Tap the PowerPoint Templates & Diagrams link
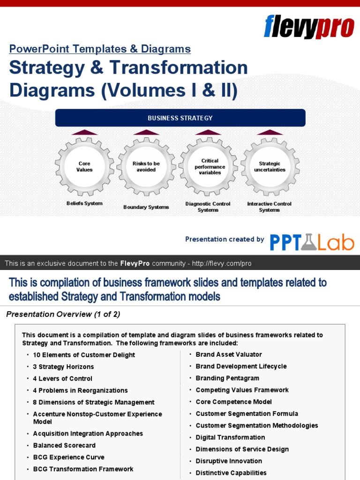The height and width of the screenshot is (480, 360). click(100, 49)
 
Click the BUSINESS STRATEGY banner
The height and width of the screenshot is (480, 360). click(180, 118)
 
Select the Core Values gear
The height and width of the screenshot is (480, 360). click(84, 166)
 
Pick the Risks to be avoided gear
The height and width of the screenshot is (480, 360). click(146, 166)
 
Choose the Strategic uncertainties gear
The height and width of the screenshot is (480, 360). click(270, 166)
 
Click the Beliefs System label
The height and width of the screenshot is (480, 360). click(84, 204)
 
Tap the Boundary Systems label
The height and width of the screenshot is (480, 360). click(146, 207)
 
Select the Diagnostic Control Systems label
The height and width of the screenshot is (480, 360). click(208, 207)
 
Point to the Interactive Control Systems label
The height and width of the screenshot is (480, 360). click(270, 207)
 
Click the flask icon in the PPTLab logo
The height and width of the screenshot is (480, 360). click(308, 242)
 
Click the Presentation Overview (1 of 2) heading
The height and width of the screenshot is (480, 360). click(63, 315)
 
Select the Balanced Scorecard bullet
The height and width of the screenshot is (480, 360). click(64, 445)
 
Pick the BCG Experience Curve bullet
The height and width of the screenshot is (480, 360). click(68, 457)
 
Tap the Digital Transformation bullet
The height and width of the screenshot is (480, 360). click(230, 437)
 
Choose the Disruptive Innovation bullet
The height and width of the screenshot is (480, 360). click(229, 461)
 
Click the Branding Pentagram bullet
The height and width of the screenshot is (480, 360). click(227, 378)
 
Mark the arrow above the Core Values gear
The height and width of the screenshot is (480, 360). click(84, 132)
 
